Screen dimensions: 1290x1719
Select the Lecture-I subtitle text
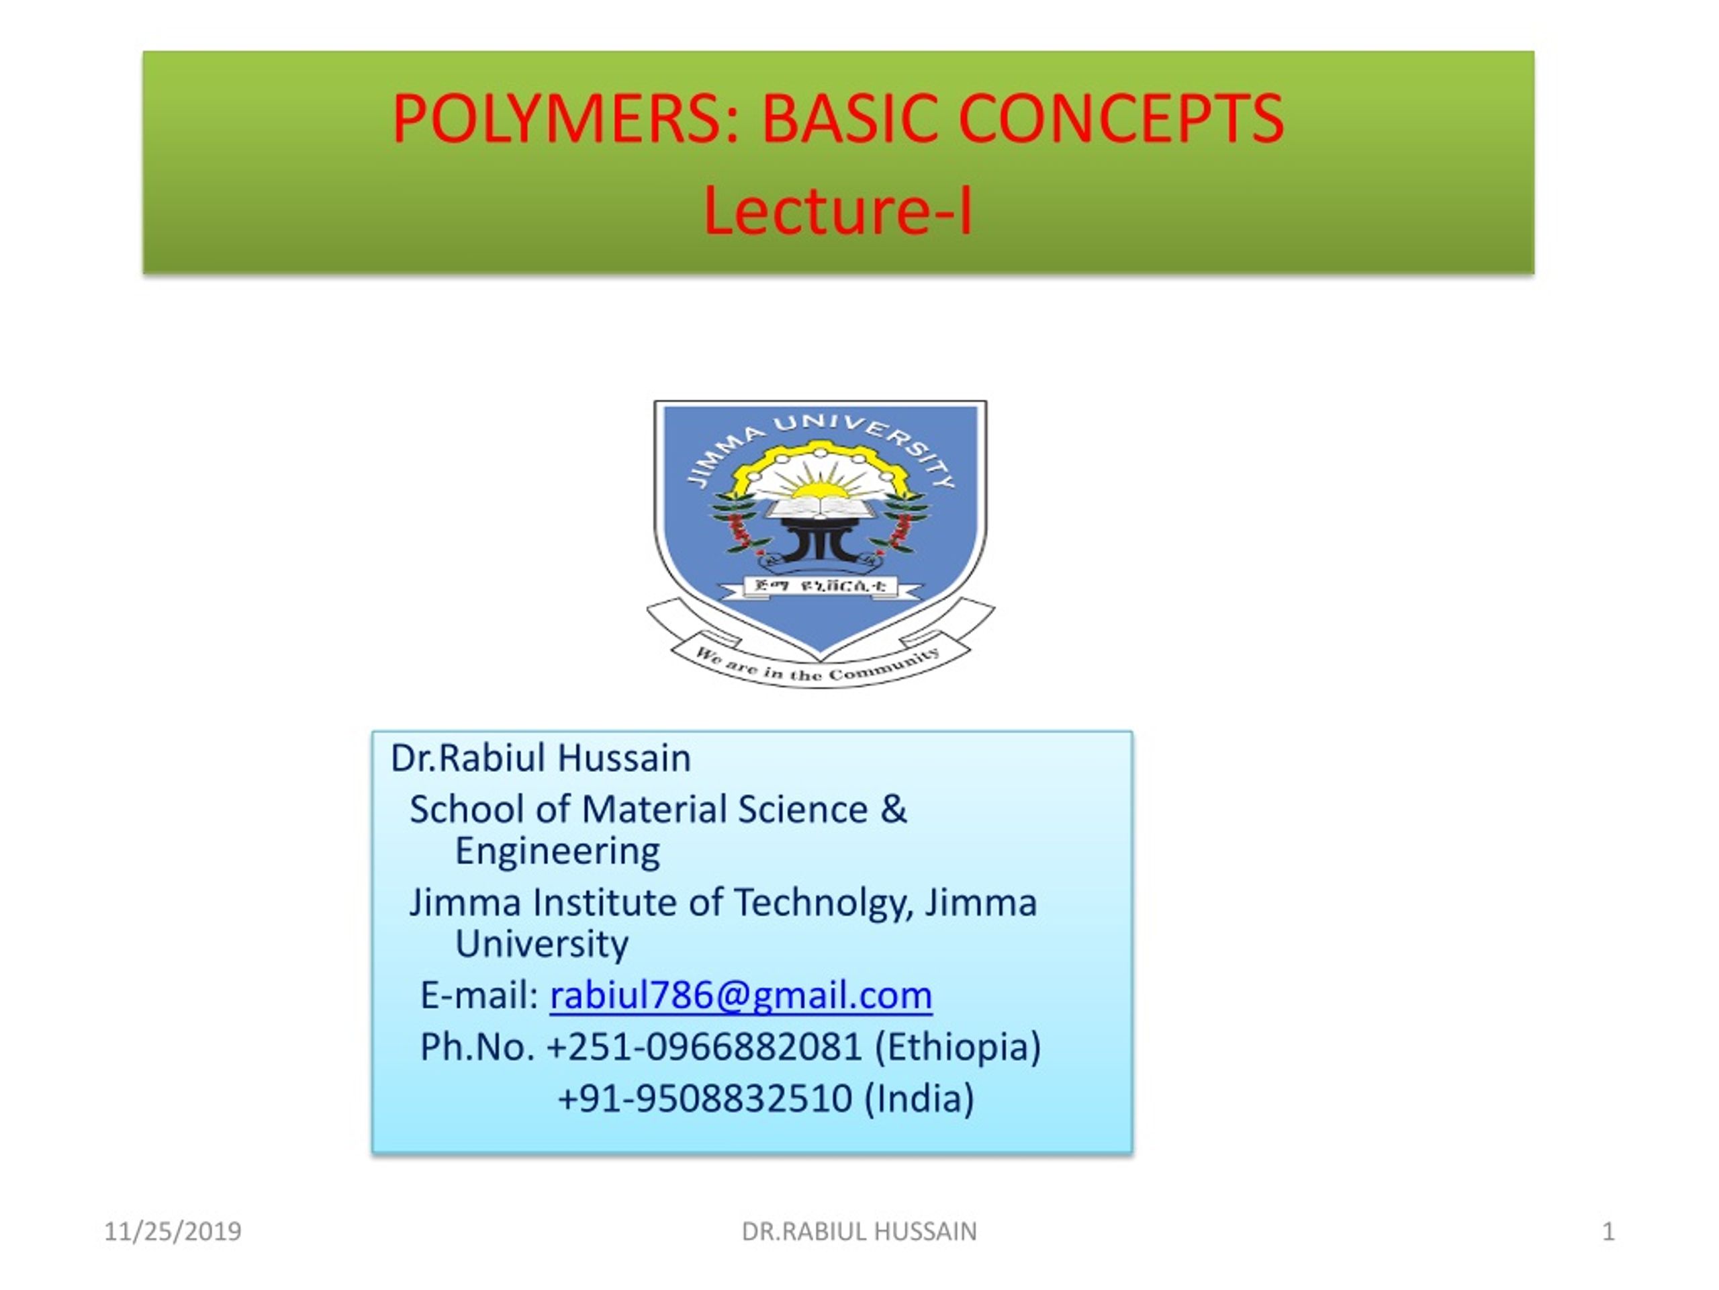coord(838,212)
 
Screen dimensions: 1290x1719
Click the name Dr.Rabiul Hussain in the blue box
coord(540,758)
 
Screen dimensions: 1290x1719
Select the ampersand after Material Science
coord(894,809)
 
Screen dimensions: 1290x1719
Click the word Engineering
coord(557,851)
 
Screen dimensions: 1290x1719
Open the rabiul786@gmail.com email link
coord(741,995)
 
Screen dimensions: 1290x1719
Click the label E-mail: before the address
coord(479,995)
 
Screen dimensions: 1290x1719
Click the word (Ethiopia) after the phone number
coord(958,1047)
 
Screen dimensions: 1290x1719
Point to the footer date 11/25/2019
coord(173,1232)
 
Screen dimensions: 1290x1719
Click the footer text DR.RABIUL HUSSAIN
coord(859,1232)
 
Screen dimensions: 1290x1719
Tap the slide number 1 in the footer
coord(1608,1232)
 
